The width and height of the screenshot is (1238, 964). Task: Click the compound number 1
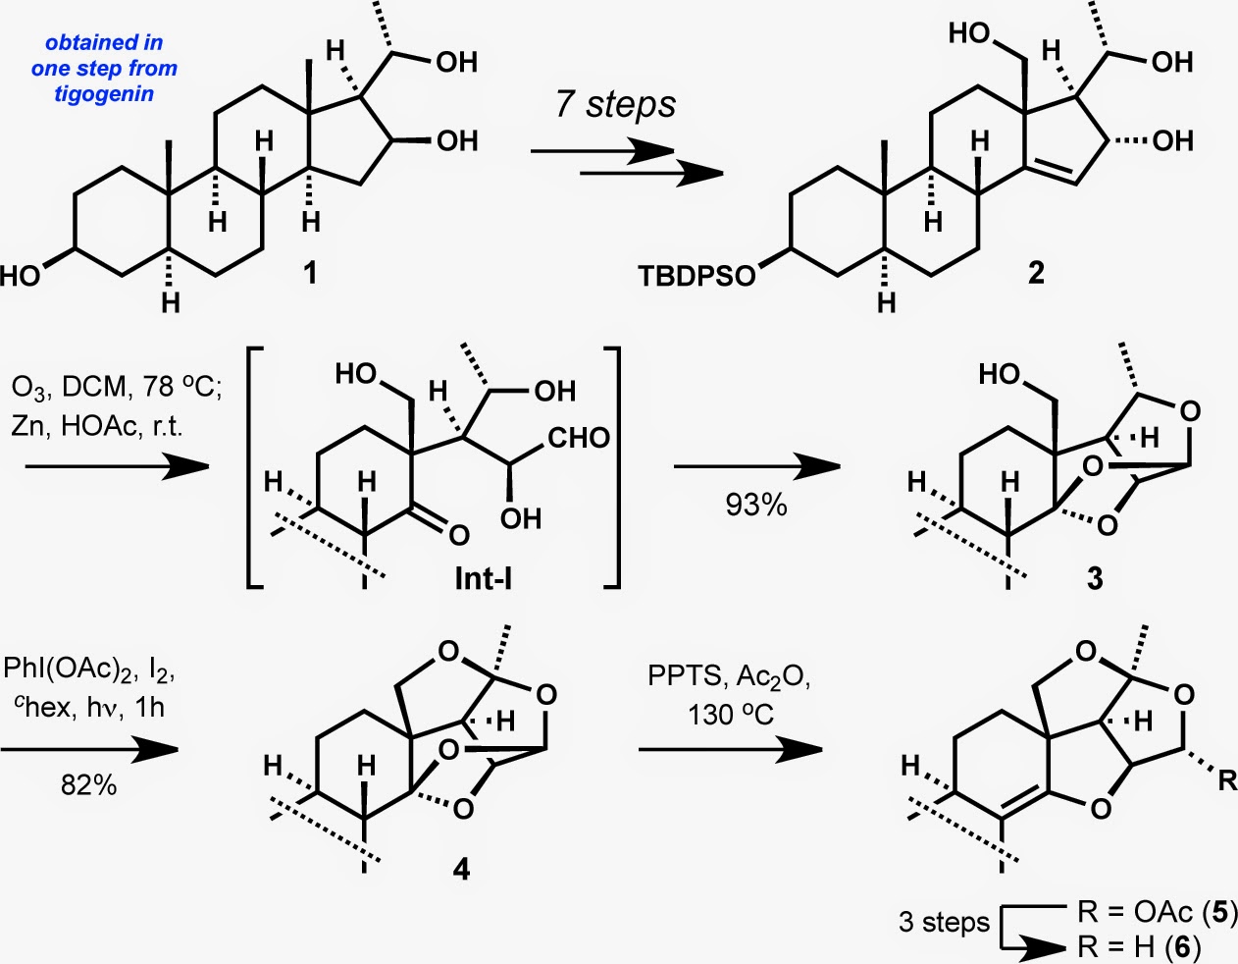click(x=311, y=272)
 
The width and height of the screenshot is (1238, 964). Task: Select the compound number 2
click(x=1036, y=272)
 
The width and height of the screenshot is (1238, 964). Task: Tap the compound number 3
click(x=1095, y=578)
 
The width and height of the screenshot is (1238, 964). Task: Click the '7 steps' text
click(x=615, y=105)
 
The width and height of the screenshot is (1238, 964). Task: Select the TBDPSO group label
click(x=697, y=276)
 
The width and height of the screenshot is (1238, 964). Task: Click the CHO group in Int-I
click(x=579, y=437)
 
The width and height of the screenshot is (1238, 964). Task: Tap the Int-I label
click(x=483, y=578)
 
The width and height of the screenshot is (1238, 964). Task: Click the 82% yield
click(x=88, y=783)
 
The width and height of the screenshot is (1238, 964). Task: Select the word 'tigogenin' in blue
click(x=104, y=94)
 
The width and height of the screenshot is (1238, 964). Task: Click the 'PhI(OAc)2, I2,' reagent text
click(x=89, y=670)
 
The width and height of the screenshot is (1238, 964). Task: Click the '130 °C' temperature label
click(x=730, y=714)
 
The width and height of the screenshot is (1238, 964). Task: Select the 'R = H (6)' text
click(x=1138, y=946)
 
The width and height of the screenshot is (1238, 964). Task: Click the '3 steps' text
click(x=944, y=923)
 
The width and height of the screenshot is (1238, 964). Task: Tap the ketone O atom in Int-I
click(x=458, y=535)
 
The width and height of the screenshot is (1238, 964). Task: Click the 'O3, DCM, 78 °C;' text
click(x=118, y=387)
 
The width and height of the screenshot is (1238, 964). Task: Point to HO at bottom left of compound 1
click(x=21, y=276)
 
